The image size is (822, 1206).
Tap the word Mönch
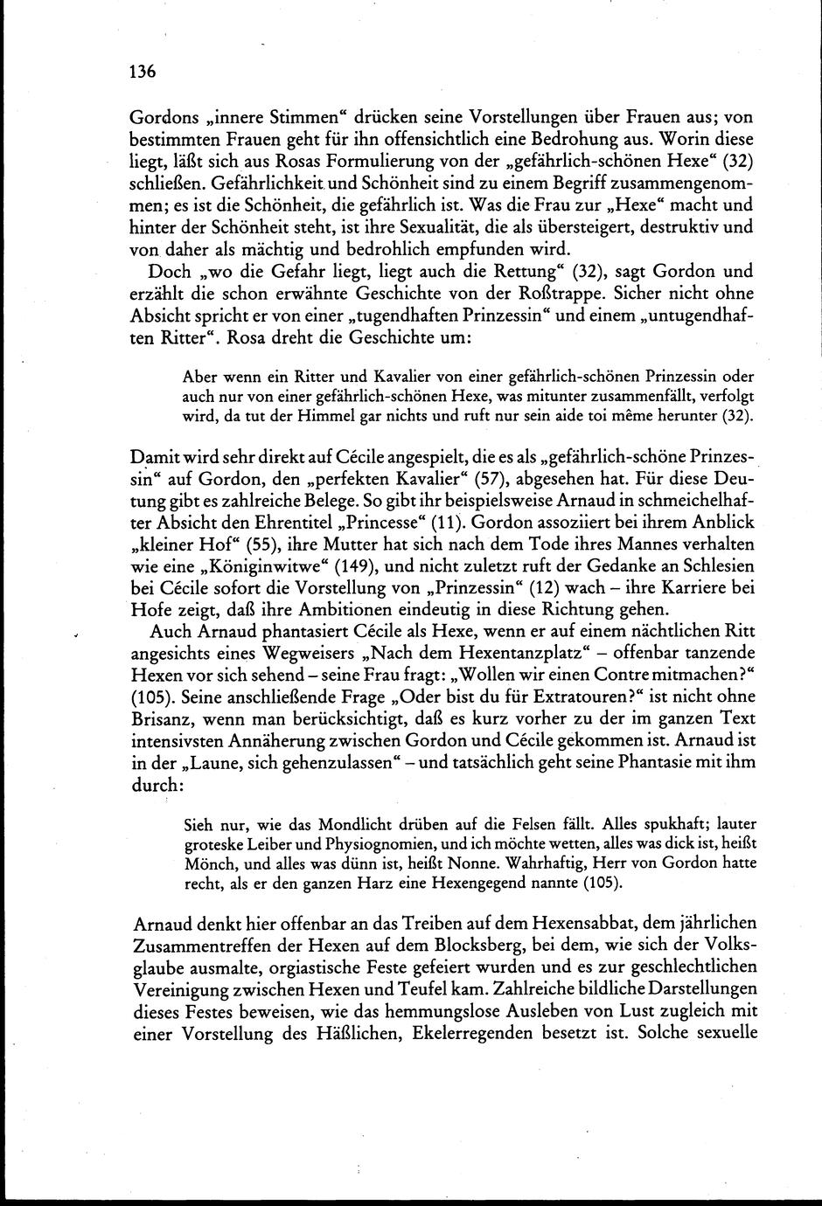(x=207, y=863)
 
